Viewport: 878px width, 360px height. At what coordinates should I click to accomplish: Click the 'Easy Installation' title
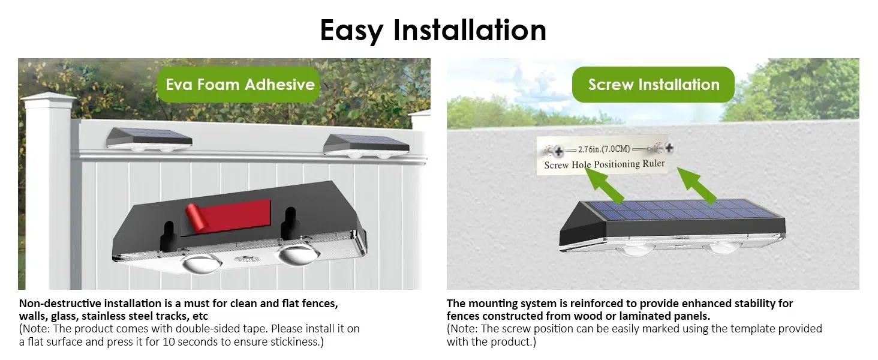tap(433, 30)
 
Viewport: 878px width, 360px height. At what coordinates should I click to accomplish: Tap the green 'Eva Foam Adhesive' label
tap(240, 84)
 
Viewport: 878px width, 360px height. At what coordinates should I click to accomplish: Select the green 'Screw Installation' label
tap(653, 85)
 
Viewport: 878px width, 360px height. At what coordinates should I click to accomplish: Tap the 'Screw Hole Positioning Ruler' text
tap(604, 164)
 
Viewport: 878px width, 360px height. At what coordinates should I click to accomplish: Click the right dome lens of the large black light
tap(294, 254)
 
